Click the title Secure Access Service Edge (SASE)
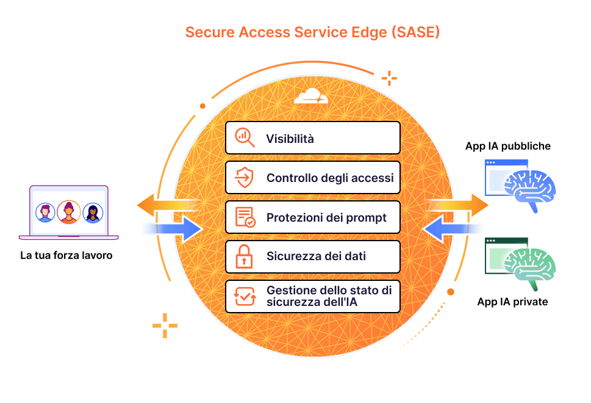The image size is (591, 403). tap(312, 32)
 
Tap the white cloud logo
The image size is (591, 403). tap(311, 96)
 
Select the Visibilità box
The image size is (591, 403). tap(312, 138)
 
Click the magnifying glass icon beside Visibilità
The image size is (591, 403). tap(245, 137)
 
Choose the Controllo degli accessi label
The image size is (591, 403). tap(330, 178)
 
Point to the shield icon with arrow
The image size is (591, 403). tap(244, 177)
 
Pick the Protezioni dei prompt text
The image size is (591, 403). tap(326, 218)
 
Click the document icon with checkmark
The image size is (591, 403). tap(245, 217)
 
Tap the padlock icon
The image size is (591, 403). tap(244, 256)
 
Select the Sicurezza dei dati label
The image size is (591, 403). tap(316, 256)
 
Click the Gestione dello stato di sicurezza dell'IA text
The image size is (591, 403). tap(329, 296)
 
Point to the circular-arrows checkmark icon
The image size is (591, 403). tap(245, 296)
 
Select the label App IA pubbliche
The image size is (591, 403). tap(507, 147)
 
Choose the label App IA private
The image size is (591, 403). tap(512, 302)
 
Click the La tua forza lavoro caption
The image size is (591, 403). tap(66, 255)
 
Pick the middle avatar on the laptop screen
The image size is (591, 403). tap(68, 212)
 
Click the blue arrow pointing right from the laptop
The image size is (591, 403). tap(173, 228)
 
